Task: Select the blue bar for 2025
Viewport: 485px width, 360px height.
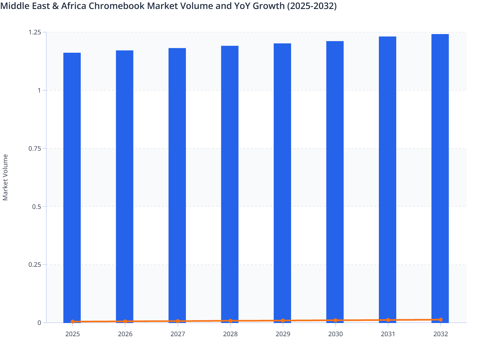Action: pyautogui.click(x=72, y=186)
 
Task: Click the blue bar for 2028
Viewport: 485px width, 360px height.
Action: pyautogui.click(x=230, y=183)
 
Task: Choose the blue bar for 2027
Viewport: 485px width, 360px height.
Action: pyautogui.click(x=177, y=185)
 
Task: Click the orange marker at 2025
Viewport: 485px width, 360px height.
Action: pyautogui.click(x=73, y=321)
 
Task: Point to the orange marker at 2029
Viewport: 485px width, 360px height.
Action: pyautogui.click(x=283, y=320)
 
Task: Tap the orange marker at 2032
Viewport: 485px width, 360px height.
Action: pyautogui.click(x=441, y=320)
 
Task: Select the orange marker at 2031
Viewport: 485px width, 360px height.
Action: pyautogui.click(x=388, y=320)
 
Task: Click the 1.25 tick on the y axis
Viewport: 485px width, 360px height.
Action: pyautogui.click(x=35, y=32)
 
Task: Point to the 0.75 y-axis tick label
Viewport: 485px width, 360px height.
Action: pyautogui.click(x=35, y=148)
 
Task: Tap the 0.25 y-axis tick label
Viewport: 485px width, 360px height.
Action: pyautogui.click(x=35, y=265)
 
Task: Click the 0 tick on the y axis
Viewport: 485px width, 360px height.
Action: pyautogui.click(x=39, y=323)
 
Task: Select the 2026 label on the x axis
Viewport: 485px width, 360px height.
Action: pyautogui.click(x=125, y=334)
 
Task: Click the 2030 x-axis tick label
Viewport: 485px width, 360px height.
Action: pyautogui.click(x=335, y=334)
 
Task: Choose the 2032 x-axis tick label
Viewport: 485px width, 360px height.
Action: pyautogui.click(x=441, y=334)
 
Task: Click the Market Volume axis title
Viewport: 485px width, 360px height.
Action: pyautogui.click(x=5, y=177)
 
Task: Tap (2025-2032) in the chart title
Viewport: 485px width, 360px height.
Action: pyautogui.click(x=312, y=6)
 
